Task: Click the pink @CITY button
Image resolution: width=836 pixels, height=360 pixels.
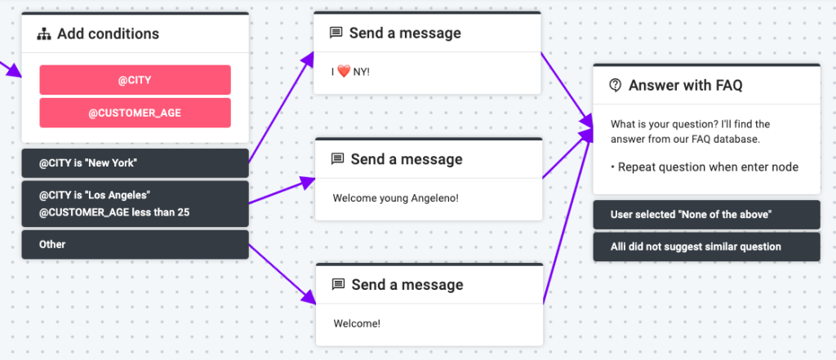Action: [x=135, y=80]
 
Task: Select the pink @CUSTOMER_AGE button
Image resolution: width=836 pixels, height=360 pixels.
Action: [x=135, y=113]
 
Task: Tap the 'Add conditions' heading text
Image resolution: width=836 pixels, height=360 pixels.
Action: [x=108, y=34]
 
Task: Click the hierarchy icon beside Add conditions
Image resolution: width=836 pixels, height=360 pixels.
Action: [x=44, y=34]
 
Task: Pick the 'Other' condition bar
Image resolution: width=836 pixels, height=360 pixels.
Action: [x=135, y=244]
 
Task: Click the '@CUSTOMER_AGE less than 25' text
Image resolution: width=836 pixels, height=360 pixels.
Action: [x=114, y=213]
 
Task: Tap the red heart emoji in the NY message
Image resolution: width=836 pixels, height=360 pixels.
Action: [x=347, y=72]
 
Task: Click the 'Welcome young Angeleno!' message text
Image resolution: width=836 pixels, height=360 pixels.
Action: [x=396, y=198]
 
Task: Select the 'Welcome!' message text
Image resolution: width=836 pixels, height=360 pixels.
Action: [x=357, y=322]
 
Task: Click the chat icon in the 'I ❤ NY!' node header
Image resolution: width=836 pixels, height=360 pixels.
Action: [x=336, y=33]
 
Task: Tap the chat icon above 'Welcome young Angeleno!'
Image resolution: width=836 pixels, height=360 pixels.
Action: [x=337, y=159]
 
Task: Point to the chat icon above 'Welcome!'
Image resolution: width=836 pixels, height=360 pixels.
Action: [x=337, y=285]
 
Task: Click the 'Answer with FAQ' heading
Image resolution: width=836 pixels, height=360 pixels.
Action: [x=685, y=85]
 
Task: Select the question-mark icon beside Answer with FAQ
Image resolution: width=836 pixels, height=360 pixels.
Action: [x=616, y=85]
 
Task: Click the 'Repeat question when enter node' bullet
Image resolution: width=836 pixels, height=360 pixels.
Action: [x=705, y=167]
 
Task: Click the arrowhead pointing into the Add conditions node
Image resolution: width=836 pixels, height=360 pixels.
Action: [x=15, y=72]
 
